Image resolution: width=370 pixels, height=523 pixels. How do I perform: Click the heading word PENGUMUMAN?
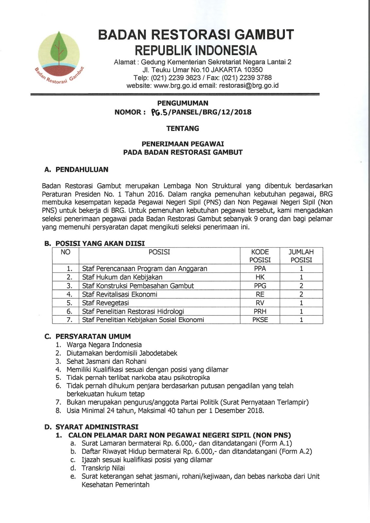183,103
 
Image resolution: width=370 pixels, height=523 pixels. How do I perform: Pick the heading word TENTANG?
183,128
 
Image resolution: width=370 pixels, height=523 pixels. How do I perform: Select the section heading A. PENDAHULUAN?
76,170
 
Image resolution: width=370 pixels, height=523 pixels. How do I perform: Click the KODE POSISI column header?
260,256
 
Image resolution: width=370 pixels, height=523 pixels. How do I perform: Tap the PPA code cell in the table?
260,269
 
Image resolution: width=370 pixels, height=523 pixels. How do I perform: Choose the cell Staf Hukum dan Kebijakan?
122,277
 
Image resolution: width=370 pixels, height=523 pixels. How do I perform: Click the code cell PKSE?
260,320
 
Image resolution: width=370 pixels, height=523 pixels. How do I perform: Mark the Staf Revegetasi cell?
105,303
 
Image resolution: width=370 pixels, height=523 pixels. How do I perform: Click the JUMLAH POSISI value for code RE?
301,294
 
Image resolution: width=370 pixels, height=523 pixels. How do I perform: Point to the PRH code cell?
260,311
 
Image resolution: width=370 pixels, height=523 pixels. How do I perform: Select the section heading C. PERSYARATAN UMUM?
88,336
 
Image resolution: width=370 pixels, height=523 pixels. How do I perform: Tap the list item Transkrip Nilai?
103,468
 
